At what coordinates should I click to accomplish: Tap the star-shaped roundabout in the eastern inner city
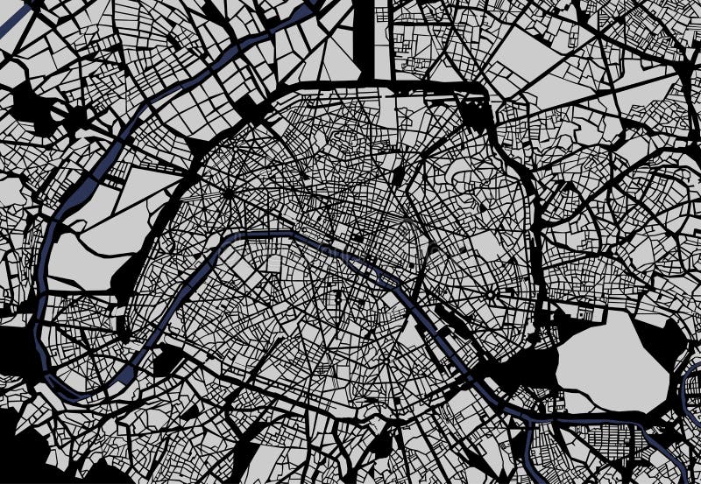pos(488,291)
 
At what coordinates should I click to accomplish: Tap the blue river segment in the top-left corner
pos(18,22)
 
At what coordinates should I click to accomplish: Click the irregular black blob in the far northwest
pos(35,109)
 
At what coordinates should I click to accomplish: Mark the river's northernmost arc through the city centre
pos(263,234)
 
